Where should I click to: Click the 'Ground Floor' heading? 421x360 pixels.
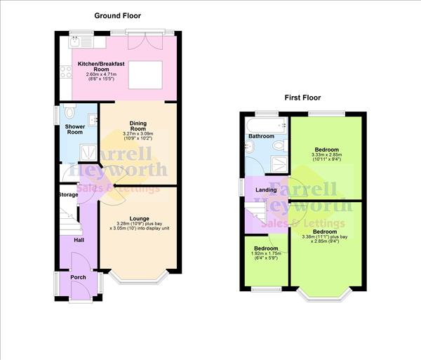point(119,14)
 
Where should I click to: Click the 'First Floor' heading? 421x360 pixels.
point(302,98)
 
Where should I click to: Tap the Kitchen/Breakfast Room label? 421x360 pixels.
point(100,67)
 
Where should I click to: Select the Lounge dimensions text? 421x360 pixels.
point(136,225)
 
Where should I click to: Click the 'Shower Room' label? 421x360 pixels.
point(74,130)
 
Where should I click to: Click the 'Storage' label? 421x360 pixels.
point(68,194)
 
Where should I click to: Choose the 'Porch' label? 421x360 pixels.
point(78,277)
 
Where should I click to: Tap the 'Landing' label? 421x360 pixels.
point(266,190)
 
